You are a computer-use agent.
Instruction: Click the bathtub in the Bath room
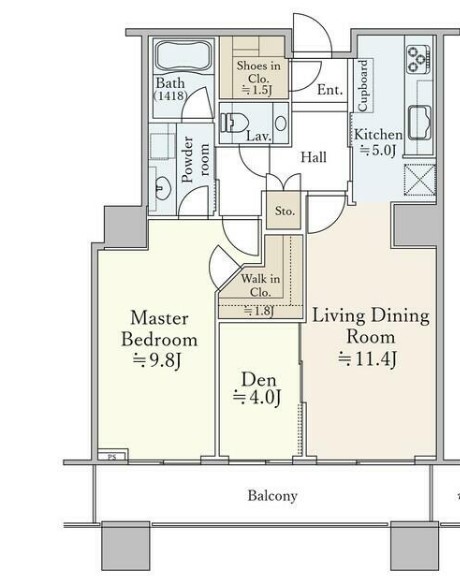click(x=184, y=56)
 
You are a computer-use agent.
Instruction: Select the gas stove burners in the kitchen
click(x=418, y=59)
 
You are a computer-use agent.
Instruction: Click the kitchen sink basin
click(x=420, y=122)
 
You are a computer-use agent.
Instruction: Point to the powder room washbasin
click(x=162, y=188)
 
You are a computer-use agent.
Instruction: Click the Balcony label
click(x=272, y=496)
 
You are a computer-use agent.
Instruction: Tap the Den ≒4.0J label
click(x=257, y=389)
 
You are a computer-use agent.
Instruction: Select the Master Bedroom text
click(x=159, y=328)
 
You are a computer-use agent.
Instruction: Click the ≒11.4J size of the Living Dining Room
click(x=368, y=359)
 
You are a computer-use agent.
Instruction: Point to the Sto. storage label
click(x=285, y=211)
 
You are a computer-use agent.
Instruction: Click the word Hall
click(x=314, y=157)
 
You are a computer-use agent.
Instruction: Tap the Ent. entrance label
click(x=330, y=89)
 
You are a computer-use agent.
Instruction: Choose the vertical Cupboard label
click(x=363, y=85)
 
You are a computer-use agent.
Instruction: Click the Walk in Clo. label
click(x=260, y=285)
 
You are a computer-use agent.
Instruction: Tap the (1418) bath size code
click(x=170, y=96)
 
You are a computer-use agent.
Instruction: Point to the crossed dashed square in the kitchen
click(x=420, y=179)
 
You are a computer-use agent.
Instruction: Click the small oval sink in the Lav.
click(x=281, y=123)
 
